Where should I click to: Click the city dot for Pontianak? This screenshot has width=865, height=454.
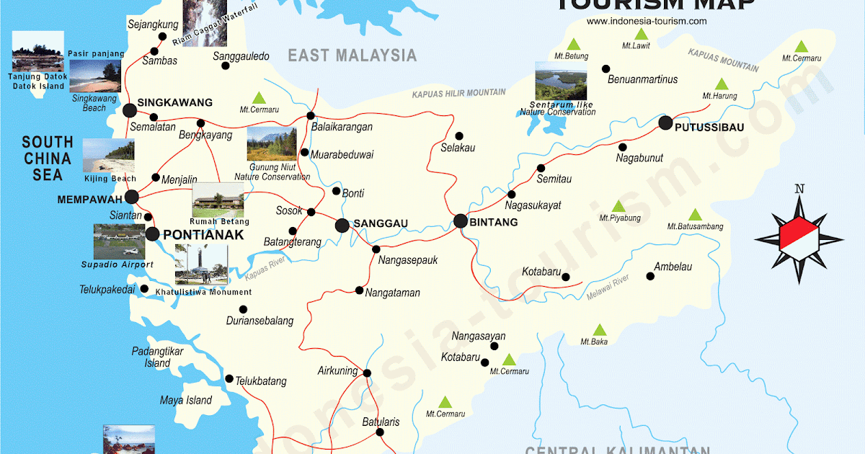pos(152,233)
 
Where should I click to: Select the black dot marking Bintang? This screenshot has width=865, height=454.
pos(461,221)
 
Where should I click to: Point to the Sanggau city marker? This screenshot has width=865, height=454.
pos(342,226)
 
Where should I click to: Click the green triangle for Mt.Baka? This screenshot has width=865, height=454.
pos(599,329)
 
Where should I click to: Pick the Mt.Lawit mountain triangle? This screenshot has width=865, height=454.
pos(641,34)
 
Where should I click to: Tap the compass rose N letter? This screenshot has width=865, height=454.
pos(799,190)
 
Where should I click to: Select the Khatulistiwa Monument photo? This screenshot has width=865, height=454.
pos(201,265)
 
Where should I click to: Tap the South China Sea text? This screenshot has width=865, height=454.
pos(48,158)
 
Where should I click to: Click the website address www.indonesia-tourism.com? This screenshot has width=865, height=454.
pos(647,21)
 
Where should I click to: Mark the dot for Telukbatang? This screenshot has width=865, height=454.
pos(229,378)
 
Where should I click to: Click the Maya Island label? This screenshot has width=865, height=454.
pos(186,400)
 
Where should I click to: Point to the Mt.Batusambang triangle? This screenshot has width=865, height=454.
pos(694,215)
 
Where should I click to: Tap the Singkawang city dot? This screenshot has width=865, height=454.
pos(130,110)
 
